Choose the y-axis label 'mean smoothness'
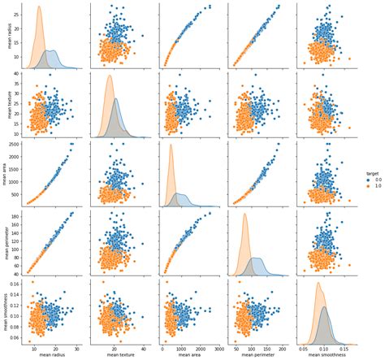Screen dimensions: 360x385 [x=6, y=313]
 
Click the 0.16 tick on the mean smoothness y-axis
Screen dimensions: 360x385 [x=15, y=284]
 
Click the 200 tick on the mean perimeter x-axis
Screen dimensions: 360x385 [x=282, y=347]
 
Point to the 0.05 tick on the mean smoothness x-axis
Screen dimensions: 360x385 [x=301, y=347]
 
